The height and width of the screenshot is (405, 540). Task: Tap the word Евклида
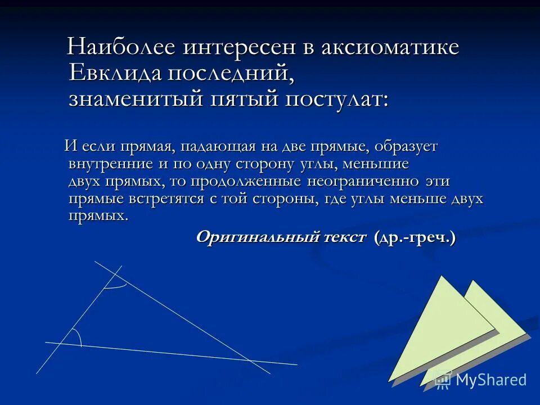116,73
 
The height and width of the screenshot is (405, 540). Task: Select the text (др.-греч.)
415,237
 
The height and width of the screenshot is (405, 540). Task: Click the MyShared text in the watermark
491,380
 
